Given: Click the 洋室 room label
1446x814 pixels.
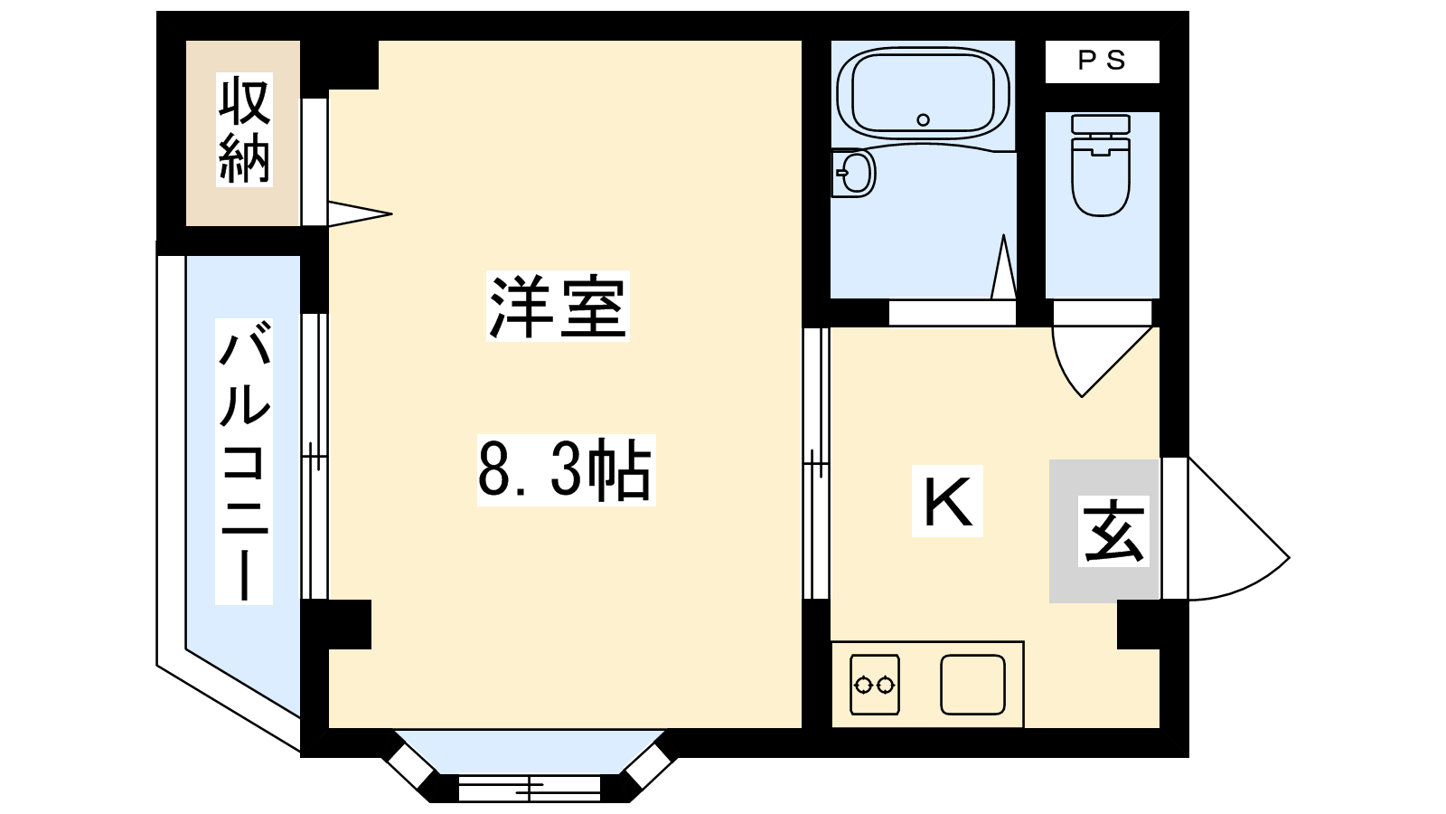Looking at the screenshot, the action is [558, 307].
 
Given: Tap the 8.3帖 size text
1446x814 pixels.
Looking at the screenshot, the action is [566, 470].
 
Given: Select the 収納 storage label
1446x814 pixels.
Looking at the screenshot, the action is [244, 130].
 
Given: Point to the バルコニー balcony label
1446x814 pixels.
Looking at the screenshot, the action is [244, 461].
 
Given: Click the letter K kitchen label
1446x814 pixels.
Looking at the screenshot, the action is [947, 501].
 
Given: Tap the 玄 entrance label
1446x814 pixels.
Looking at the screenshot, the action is [1113, 531].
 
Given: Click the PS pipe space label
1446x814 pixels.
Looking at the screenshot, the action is [1103, 61].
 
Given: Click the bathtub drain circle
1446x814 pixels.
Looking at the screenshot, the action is [923, 119].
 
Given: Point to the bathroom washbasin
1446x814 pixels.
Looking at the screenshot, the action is [853, 173].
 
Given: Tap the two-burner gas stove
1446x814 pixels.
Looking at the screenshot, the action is [875, 685].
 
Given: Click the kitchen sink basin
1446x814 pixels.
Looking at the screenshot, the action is [972, 685].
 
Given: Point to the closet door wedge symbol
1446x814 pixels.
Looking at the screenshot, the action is [360, 213].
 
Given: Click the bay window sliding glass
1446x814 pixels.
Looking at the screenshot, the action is [530, 788].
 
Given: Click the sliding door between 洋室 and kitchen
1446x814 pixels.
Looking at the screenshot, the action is [816, 464].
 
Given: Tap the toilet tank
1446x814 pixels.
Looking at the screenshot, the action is [1101, 124].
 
